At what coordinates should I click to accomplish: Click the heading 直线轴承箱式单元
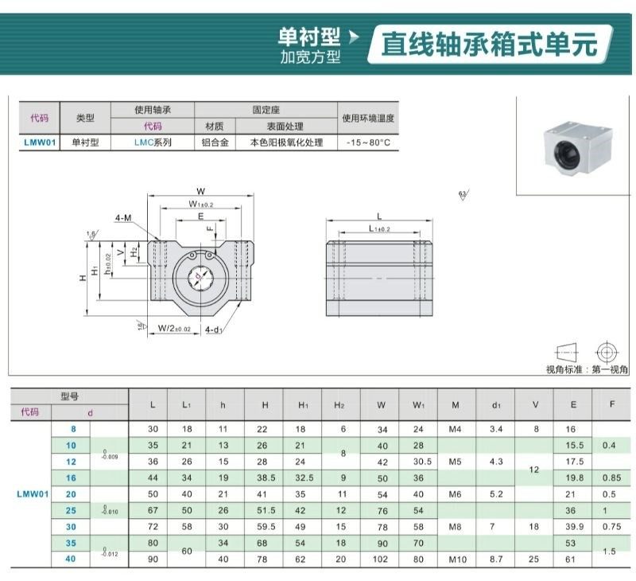click(x=489, y=44)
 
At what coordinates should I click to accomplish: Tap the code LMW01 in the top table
click(x=39, y=143)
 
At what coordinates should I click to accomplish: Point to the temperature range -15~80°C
click(x=368, y=143)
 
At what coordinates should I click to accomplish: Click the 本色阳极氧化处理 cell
click(x=286, y=143)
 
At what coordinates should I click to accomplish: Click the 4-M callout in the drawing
click(x=123, y=217)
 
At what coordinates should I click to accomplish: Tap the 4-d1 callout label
click(x=214, y=329)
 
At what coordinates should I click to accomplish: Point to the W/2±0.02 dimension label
click(x=174, y=328)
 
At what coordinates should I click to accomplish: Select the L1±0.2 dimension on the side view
click(x=379, y=229)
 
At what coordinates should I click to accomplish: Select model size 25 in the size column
click(x=72, y=510)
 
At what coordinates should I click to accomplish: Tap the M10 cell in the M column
click(x=456, y=560)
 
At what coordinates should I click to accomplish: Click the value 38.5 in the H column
click(x=265, y=478)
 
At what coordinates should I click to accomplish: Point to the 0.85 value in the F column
click(x=611, y=478)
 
